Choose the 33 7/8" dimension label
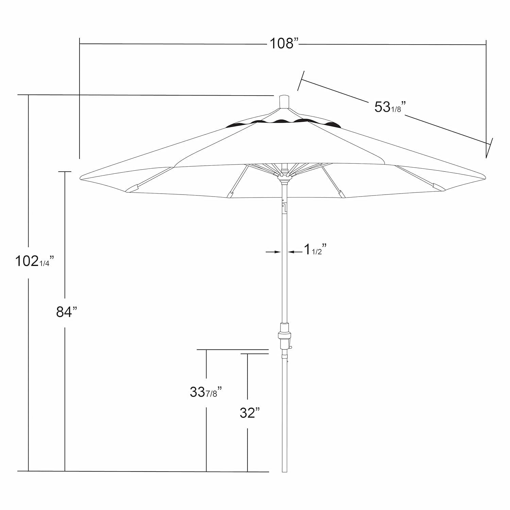[x=206, y=392]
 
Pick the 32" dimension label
[x=249, y=413]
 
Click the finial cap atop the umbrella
[x=284, y=102]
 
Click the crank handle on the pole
[x=291, y=346]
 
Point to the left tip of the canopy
[x=81, y=178]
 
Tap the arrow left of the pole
[x=274, y=252]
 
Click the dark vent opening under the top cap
[x=284, y=122]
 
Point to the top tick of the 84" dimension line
[x=65, y=172]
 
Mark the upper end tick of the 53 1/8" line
[x=301, y=80]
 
